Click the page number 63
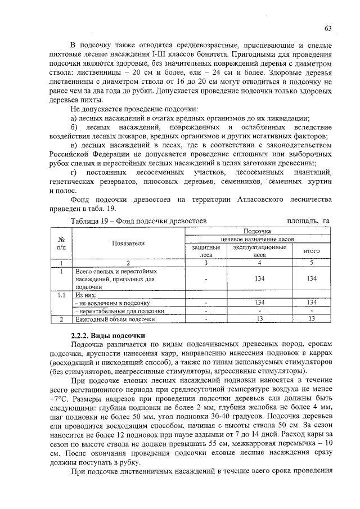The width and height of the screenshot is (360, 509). coord(328,29)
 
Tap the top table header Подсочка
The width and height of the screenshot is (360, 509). coord(258,231)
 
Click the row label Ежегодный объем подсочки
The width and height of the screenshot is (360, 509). coord(115,319)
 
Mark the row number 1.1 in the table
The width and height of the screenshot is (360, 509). coord(61,294)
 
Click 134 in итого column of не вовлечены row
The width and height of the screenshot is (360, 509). coord(311,303)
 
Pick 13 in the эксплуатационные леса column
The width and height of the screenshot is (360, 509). coord(259,319)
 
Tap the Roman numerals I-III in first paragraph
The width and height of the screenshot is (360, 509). coord(161,55)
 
